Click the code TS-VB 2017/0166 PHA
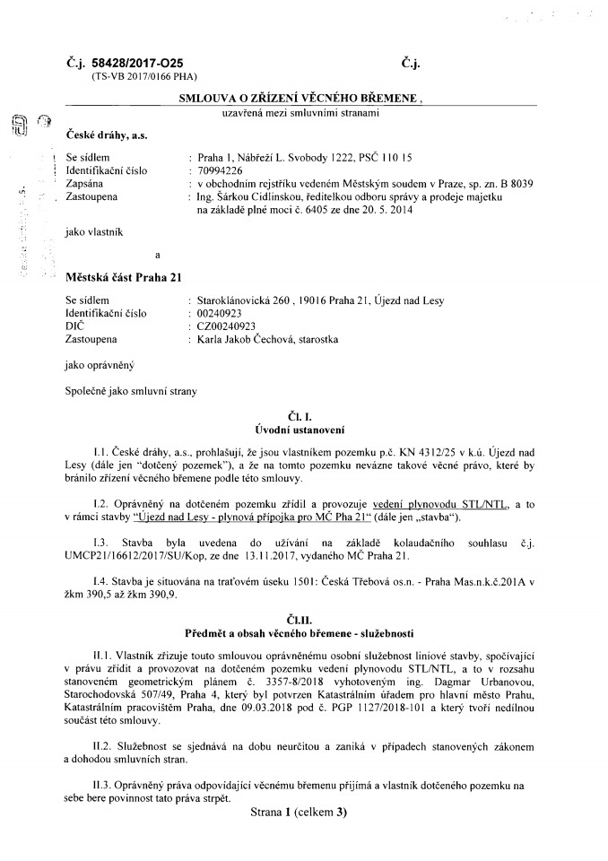tap(143, 78)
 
